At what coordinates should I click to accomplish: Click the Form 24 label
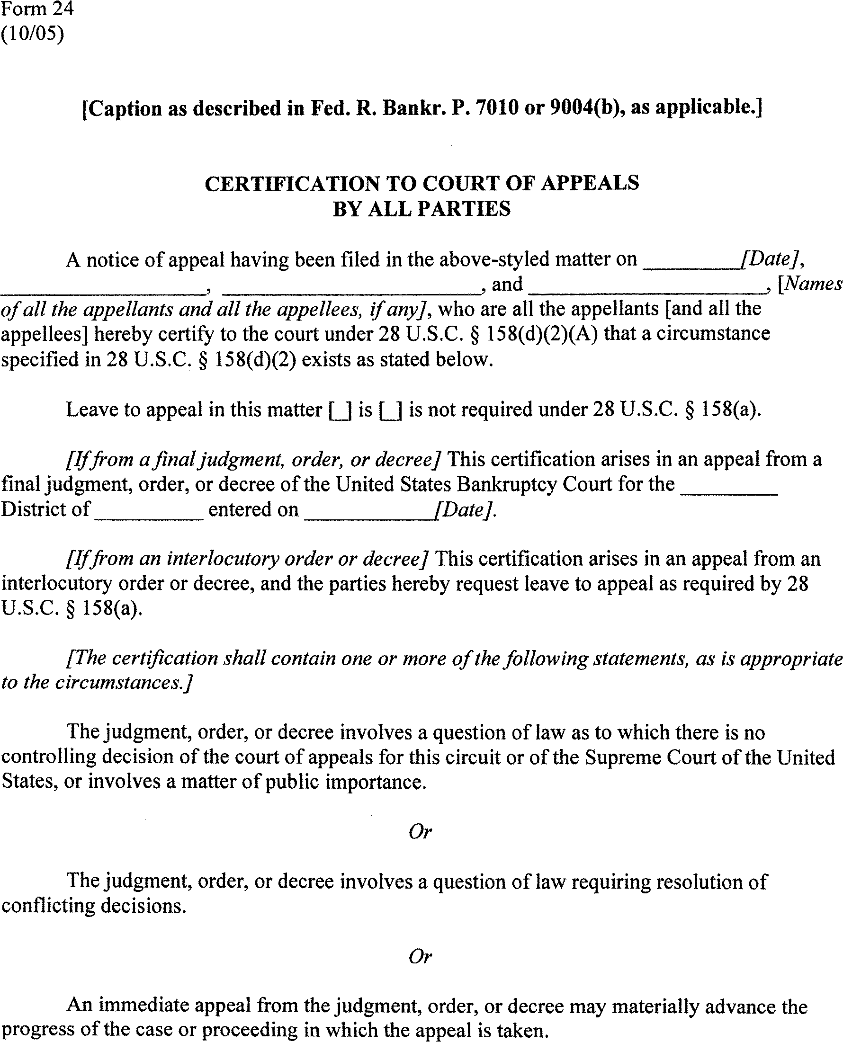tap(37, 9)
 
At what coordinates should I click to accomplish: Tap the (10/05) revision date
tap(32, 35)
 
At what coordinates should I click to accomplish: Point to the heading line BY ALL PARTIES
tap(421, 209)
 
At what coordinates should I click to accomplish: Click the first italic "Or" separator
tap(420, 832)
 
